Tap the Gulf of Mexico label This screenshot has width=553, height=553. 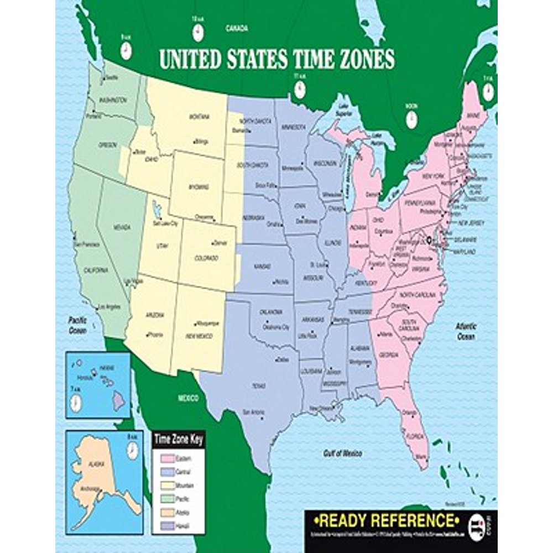coord(342,453)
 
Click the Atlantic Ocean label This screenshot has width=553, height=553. coord(466,331)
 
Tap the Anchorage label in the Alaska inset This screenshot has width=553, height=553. coord(91,488)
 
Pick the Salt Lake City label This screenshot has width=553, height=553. coord(166,223)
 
